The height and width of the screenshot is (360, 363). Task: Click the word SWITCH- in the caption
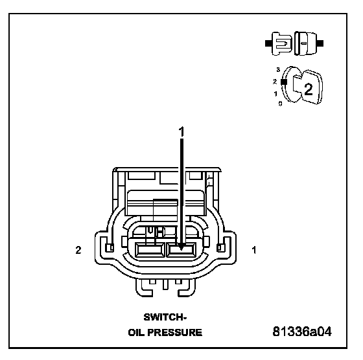point(165,317)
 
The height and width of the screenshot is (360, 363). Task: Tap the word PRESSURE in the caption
point(175,333)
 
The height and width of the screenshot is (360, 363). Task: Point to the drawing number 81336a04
point(302,332)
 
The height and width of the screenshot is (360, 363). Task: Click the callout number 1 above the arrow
point(181,131)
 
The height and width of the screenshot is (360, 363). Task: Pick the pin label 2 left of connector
point(78,250)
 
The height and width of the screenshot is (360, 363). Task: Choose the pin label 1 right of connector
point(254,250)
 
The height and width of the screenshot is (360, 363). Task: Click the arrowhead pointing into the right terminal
point(181,247)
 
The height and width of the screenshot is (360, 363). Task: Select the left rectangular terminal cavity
point(150,250)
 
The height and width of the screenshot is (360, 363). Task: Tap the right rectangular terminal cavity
point(181,250)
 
